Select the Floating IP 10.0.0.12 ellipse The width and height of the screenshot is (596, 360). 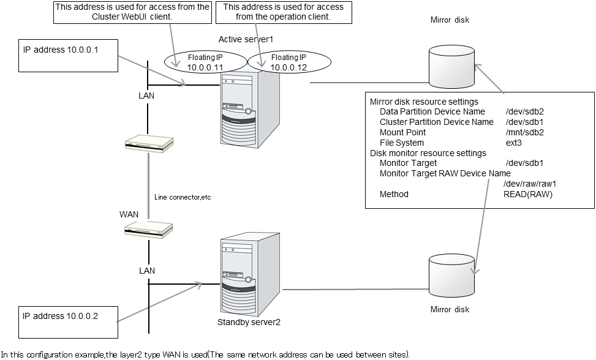(x=289, y=61)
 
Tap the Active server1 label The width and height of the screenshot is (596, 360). (x=246, y=39)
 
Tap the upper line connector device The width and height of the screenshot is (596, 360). (x=148, y=144)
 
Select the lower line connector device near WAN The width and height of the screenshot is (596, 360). (x=148, y=229)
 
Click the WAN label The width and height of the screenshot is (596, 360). (x=129, y=214)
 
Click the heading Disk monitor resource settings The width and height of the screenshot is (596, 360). (x=428, y=153)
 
